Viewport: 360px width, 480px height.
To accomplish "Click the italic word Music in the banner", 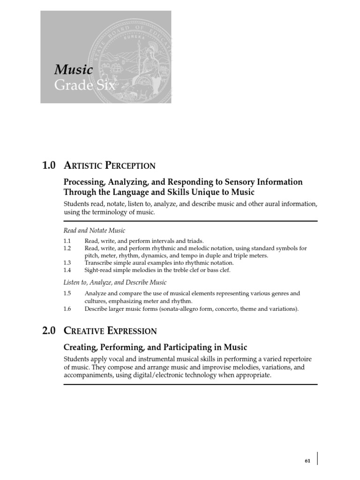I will coord(74,70).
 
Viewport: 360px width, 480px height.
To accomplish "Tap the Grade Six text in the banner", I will coord(84,86).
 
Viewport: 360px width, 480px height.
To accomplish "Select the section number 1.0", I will coord(49,165).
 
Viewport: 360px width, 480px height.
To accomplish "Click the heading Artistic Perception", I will coord(109,165).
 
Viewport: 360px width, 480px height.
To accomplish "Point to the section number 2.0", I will coord(49,331).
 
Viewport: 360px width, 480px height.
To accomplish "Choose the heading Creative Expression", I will coord(110,331).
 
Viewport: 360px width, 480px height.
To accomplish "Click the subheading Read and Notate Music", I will coord(94,230).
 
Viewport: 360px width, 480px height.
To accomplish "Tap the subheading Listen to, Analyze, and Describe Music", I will coord(115,283).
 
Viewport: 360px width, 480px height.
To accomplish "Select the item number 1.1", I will coord(67,241).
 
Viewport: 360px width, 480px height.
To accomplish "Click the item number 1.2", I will coord(67,248).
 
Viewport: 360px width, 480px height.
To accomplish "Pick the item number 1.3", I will coord(67,263).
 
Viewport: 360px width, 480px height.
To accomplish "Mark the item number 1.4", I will coord(67,270).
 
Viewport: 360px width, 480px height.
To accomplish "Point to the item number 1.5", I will coord(67,293).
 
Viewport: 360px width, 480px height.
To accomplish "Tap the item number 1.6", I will coord(67,309).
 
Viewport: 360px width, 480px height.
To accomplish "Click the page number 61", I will coord(307,461).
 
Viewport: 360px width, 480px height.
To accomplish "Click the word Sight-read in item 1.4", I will coord(97,270).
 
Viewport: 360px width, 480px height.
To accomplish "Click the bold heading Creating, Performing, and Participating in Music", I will coord(155,347).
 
